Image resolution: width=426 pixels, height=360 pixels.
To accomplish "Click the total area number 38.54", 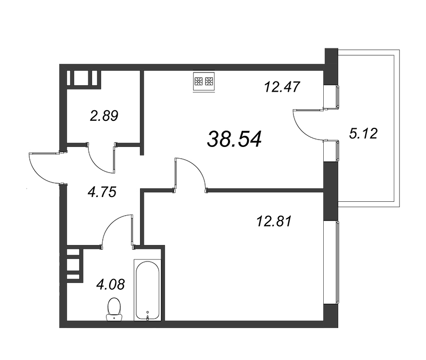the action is tap(234, 139).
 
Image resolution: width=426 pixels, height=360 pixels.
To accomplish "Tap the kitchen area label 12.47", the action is tap(282, 87).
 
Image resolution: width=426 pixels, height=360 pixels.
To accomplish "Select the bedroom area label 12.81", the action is tap(274, 221).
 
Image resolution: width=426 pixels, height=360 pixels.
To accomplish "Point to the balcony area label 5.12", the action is tap(363, 134).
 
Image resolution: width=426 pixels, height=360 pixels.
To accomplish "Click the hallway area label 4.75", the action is tap(102, 192).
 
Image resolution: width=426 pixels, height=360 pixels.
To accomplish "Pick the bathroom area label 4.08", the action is tap(111, 284).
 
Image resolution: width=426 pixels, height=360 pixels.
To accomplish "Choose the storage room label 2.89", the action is tap(104, 116).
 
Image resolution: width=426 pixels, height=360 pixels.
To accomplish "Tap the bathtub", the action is tap(148, 290).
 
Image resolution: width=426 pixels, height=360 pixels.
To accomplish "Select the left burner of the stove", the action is tap(199, 81).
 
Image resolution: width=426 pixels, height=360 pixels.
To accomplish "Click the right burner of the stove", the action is tap(209, 81).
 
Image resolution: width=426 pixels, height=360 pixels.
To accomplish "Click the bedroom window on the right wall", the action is tap(337, 263).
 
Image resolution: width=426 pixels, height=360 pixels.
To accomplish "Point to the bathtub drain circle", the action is tap(148, 312).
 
